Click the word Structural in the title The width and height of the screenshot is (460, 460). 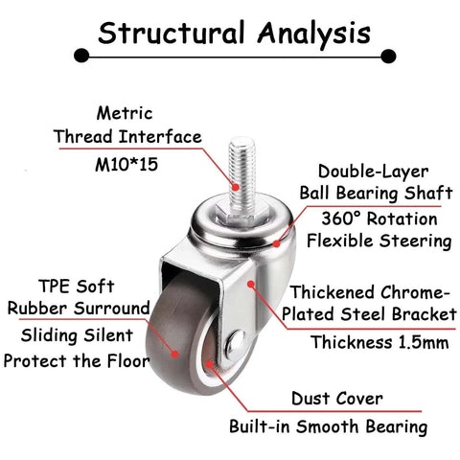[x=172, y=33]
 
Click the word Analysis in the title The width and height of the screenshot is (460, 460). [x=314, y=34]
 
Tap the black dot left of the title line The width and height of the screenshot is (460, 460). [x=81, y=57]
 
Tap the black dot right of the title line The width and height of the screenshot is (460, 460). [x=388, y=57]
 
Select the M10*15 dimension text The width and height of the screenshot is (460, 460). [x=126, y=165]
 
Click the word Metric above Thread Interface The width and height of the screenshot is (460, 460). [x=125, y=113]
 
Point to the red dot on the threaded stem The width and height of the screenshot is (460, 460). [x=236, y=187]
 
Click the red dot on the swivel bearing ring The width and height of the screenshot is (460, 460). [x=277, y=243]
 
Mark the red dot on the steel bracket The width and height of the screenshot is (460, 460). [x=251, y=284]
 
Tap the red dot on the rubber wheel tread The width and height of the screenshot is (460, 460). [x=174, y=354]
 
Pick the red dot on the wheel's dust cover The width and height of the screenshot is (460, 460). [x=209, y=364]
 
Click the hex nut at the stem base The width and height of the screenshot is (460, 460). [x=236, y=213]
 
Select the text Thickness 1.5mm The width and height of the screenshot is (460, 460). [x=379, y=342]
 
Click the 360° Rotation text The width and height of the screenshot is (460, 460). [x=379, y=219]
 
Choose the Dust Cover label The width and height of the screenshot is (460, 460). [x=337, y=399]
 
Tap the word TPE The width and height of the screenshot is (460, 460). [x=52, y=287]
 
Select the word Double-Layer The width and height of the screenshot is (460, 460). [x=373, y=172]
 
